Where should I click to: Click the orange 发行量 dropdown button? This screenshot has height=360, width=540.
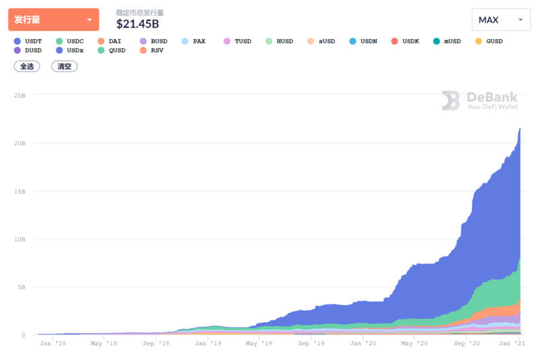(x=53, y=20)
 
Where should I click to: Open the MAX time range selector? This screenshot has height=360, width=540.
(x=501, y=20)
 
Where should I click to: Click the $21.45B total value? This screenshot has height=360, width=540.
(x=137, y=24)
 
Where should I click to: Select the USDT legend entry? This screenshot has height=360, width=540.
(x=28, y=41)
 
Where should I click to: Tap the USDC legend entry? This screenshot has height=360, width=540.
(x=70, y=41)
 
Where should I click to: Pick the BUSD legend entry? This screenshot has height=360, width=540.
(x=153, y=41)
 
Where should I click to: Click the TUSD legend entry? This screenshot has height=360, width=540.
(x=237, y=41)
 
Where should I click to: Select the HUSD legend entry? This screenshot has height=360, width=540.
(x=279, y=41)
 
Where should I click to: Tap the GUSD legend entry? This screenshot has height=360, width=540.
(x=489, y=41)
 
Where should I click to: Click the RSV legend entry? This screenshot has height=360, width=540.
(x=151, y=51)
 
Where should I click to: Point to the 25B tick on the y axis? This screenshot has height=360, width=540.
(x=20, y=95)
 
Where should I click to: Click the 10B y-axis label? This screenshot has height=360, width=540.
(x=20, y=239)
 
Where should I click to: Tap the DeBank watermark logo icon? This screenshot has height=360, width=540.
(x=451, y=101)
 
